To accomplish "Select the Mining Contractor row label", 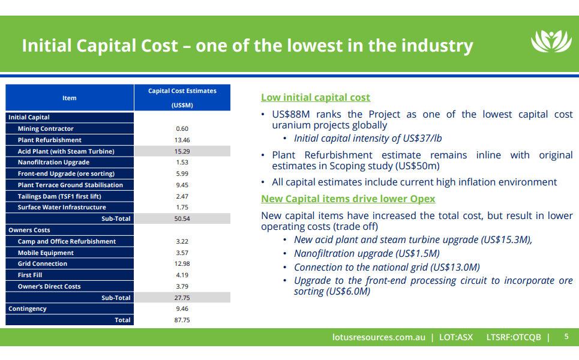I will (46, 129).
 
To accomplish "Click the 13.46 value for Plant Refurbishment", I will (182, 140).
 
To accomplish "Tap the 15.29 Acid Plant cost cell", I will (182, 151).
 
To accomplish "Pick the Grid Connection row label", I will (42, 264).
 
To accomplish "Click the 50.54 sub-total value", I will (182, 219).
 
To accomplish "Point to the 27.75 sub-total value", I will (182, 298).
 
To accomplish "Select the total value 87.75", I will (182, 320).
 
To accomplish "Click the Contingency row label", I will (27, 309).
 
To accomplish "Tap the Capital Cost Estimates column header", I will (182, 91).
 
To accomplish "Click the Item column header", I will (70, 98).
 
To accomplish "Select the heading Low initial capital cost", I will (316, 97).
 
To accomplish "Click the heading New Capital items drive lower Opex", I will (348, 199).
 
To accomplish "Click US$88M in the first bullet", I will (290, 114).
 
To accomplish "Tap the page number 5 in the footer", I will (566, 337).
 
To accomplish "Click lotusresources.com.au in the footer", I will (379, 337).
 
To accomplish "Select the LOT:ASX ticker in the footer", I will (456, 337).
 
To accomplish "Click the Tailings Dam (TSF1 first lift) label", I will (60, 196).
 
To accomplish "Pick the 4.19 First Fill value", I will (182, 275).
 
